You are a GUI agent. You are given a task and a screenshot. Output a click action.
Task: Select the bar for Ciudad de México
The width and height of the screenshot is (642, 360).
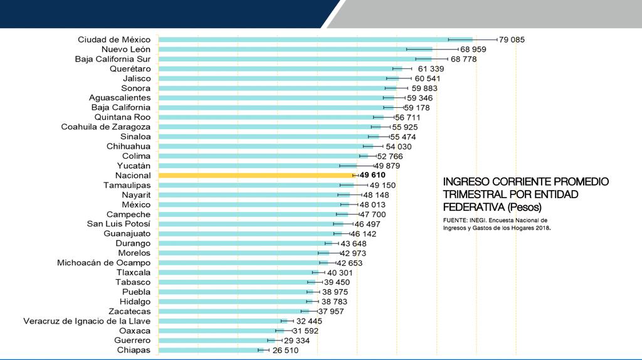coord(313,40)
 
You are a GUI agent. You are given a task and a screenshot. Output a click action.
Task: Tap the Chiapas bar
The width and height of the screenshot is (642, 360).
coord(210,350)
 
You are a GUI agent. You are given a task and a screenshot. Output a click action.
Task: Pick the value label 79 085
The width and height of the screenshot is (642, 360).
coord(512,40)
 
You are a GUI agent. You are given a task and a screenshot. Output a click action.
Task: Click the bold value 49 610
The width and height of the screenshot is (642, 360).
coord(372,176)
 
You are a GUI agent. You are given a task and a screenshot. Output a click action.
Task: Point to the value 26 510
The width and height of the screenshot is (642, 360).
coord(285,350)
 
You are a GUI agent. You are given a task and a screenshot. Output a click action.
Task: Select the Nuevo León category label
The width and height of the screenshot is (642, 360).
coord(126,49)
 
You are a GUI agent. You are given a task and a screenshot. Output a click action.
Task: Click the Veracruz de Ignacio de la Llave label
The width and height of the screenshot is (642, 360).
coord(87,321)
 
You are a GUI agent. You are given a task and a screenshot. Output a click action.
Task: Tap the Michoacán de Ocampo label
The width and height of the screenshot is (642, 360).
coord(103,263)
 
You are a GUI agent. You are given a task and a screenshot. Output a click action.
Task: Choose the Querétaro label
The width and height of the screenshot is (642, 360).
coord(130,68)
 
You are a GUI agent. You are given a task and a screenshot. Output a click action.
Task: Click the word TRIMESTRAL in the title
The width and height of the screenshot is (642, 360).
coord(473,194)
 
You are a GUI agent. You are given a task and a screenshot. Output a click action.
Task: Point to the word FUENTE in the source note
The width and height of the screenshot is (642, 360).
coord(456,221)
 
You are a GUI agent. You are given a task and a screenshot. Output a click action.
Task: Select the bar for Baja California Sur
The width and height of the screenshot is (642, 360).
coord(295,59)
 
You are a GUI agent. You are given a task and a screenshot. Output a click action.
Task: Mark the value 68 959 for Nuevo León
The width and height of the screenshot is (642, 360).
coord(473,49)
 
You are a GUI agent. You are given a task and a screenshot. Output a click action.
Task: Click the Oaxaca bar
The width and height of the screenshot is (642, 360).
coord(219,331)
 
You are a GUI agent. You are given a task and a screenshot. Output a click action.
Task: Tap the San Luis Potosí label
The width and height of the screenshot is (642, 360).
coord(118,224)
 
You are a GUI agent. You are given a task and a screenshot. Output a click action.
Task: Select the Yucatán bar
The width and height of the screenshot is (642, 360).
coord(257,166)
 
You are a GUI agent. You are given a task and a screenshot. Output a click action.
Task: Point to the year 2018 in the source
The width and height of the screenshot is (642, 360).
coord(542,228)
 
